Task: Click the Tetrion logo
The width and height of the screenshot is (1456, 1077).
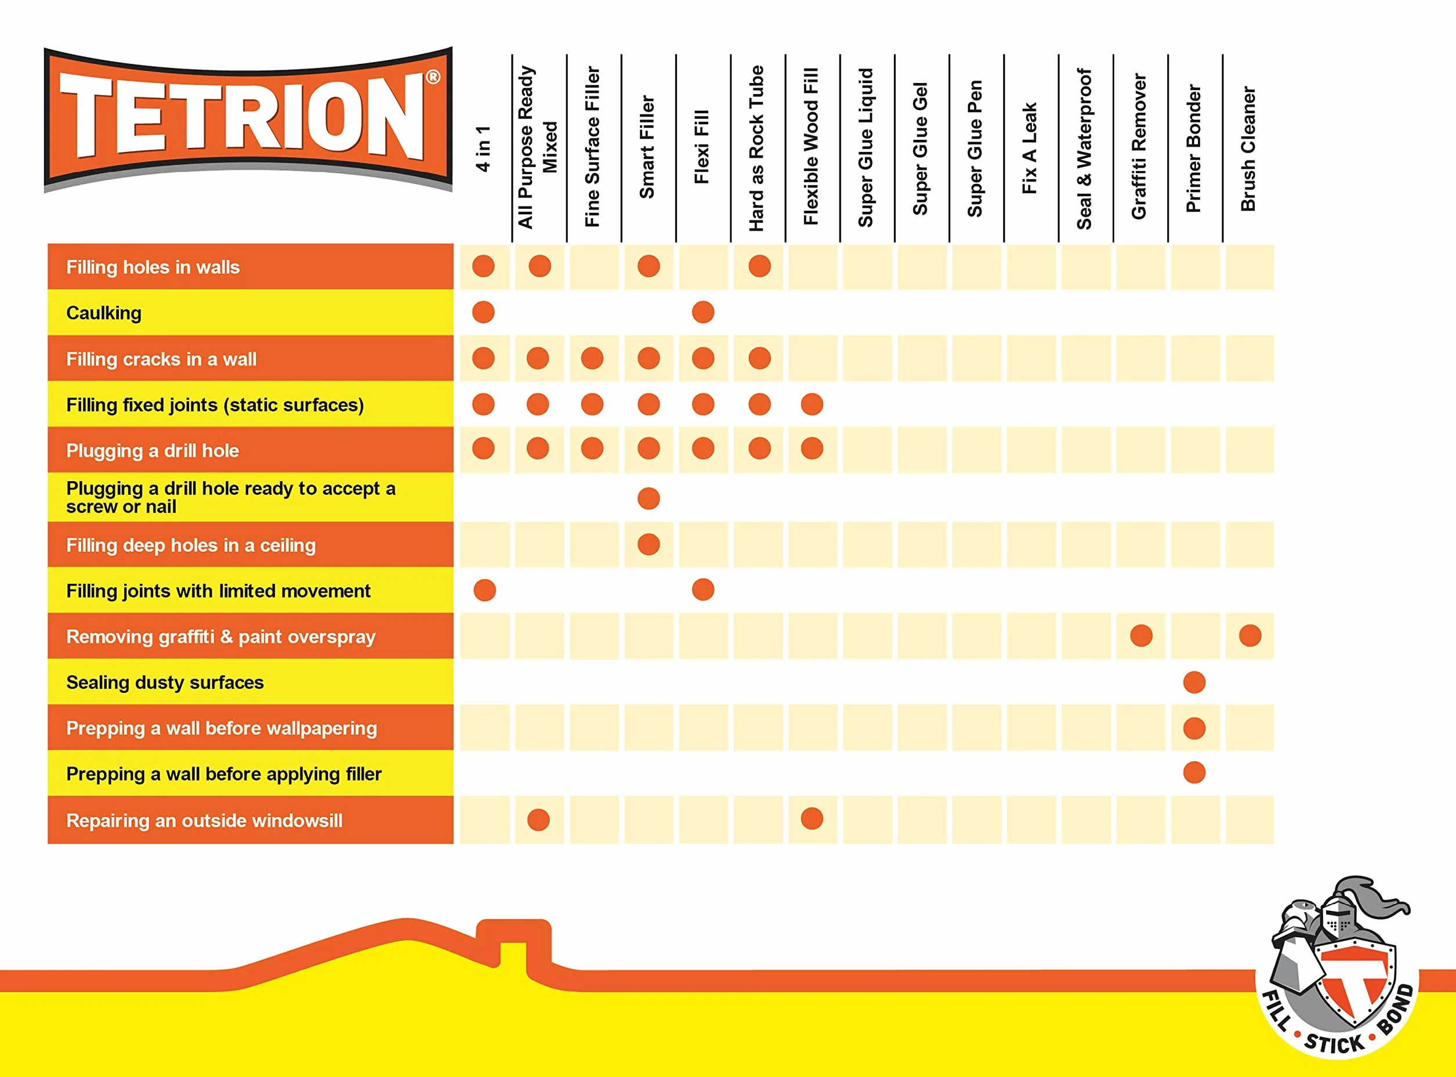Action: pyautogui.click(x=248, y=120)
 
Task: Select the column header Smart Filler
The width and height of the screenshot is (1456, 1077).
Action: pyautogui.click(x=647, y=147)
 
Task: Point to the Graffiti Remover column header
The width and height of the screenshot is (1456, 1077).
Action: pyautogui.click(x=1139, y=146)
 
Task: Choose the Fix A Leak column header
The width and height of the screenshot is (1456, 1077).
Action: pyautogui.click(x=1029, y=148)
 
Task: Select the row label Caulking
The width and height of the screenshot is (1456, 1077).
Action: pyautogui.click(x=104, y=313)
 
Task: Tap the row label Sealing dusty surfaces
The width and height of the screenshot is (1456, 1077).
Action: pyautogui.click(x=165, y=682)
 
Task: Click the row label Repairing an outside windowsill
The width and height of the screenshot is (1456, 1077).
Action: pyautogui.click(x=204, y=820)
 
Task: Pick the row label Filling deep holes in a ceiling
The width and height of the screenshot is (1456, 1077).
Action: pyautogui.click(x=191, y=545)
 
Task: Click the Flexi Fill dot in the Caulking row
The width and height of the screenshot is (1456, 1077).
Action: pyautogui.click(x=702, y=312)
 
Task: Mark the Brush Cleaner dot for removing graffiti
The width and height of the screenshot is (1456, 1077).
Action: pyautogui.click(x=1249, y=635)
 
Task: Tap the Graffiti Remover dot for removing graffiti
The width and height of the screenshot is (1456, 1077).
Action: pyautogui.click(x=1141, y=635)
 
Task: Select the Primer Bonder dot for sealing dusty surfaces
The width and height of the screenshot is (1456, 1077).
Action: pyautogui.click(x=1194, y=682)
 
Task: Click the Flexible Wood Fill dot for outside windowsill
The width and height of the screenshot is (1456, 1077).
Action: pyautogui.click(x=812, y=819)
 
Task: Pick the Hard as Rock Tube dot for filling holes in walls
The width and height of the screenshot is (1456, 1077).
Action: pyautogui.click(x=759, y=266)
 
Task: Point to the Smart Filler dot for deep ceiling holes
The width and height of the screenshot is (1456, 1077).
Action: pyautogui.click(x=649, y=544)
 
